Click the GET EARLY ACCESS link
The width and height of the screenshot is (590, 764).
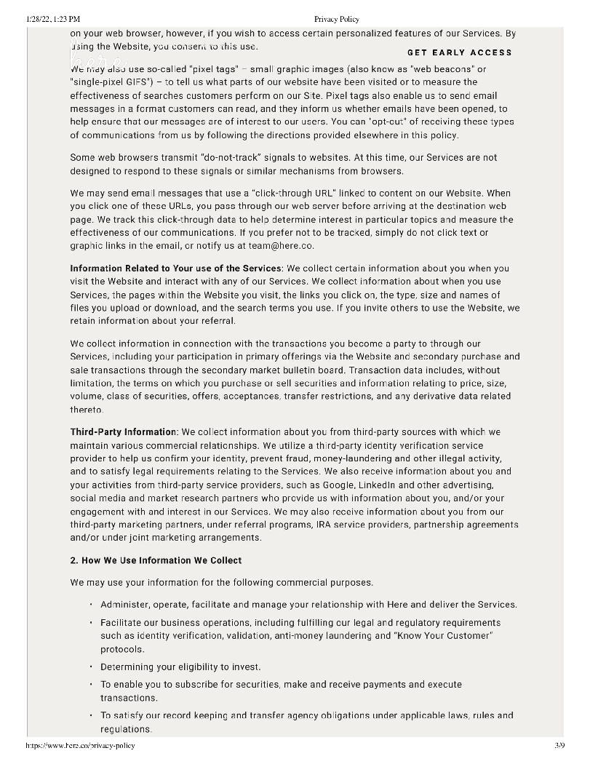click(460, 52)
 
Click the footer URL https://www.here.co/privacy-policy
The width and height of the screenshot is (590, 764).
click(80, 745)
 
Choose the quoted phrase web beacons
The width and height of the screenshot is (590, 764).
click(444, 69)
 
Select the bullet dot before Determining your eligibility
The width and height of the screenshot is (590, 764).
click(91, 667)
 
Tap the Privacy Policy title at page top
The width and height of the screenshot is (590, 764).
click(337, 19)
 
